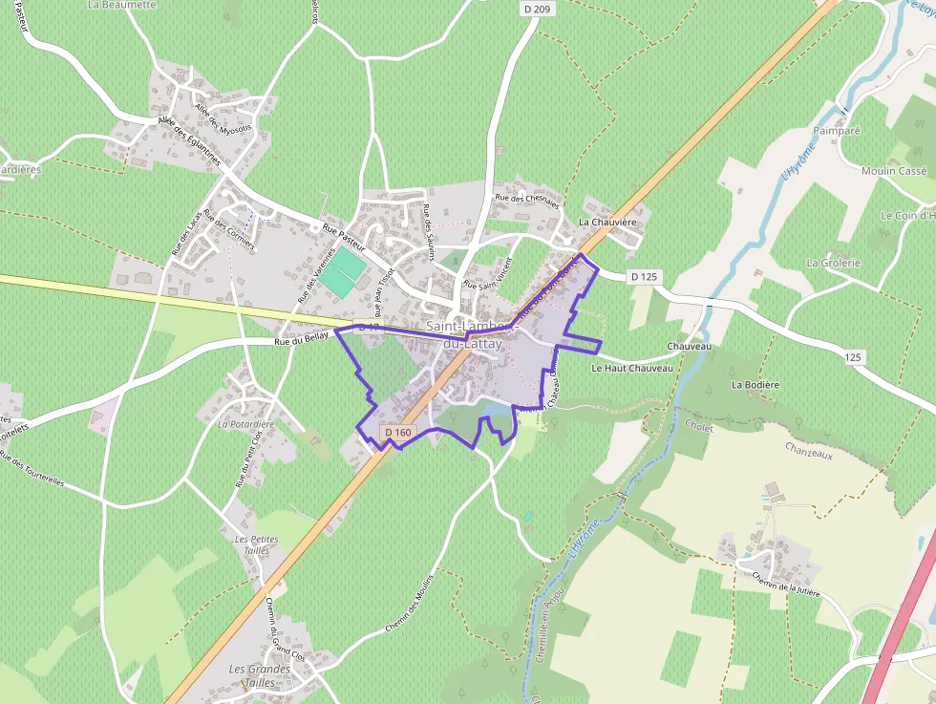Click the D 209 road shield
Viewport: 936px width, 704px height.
tap(538, 9)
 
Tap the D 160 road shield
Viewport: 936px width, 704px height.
tap(398, 433)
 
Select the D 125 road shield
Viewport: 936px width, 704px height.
tap(645, 277)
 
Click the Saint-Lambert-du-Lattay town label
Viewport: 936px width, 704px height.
tap(470, 333)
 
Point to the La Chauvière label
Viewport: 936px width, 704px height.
tap(607, 223)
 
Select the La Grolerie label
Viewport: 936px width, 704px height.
tap(834, 263)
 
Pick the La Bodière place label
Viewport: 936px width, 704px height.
tap(755, 385)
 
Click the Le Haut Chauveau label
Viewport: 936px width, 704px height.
tap(632, 368)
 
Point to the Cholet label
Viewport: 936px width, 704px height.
tap(699, 429)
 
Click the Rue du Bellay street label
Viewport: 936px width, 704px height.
tap(301, 339)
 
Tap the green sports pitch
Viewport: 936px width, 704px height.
tap(342, 269)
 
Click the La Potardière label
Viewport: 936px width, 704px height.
tap(245, 424)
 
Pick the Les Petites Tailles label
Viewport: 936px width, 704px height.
tap(256, 544)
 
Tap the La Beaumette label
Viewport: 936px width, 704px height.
tap(121, 5)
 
